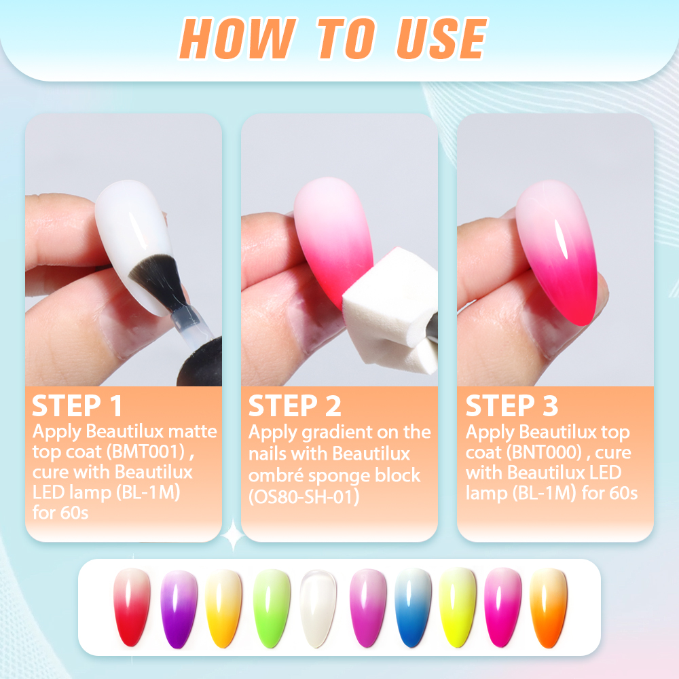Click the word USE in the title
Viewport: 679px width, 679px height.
click(442, 38)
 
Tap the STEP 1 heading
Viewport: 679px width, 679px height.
click(77, 406)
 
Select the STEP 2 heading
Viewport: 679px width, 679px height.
click(295, 406)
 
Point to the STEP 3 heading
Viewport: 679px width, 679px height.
click(512, 406)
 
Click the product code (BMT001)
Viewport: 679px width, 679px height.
click(147, 452)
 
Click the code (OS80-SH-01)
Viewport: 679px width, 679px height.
click(304, 496)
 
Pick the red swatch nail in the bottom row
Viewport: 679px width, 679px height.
click(132, 607)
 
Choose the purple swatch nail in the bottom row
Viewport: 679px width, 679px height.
click(179, 609)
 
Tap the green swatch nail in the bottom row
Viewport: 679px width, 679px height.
click(272, 608)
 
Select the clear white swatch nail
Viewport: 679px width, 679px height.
click(318, 608)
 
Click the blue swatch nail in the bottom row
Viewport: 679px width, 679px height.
click(413, 608)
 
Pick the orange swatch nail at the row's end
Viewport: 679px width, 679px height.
click(548, 608)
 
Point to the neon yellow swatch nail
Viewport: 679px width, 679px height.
click(457, 608)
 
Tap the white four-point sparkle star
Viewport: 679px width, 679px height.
click(233, 536)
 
